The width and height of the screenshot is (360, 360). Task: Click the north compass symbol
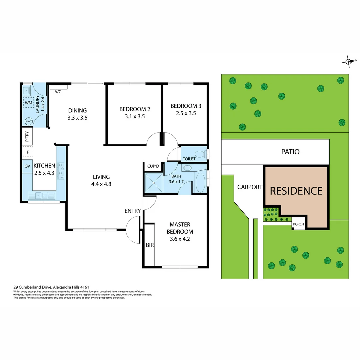(x=348, y=61)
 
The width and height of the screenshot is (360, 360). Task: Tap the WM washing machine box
(x=28, y=103)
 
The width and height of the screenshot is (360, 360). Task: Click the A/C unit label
(x=58, y=92)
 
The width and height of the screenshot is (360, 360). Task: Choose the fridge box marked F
(x=28, y=153)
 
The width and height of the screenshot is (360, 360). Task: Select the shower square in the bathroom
(x=154, y=183)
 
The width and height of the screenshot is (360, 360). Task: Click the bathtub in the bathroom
(x=200, y=182)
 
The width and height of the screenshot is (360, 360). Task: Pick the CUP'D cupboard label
(x=153, y=166)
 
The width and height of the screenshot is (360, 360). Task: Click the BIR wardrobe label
(x=150, y=245)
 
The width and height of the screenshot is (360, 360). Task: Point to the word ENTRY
(x=132, y=211)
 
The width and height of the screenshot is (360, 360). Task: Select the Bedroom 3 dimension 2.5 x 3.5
(x=186, y=113)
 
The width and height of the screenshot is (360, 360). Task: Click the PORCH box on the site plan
(x=298, y=224)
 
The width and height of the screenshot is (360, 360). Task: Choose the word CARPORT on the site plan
(x=250, y=187)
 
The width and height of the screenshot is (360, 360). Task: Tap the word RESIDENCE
(x=296, y=191)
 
